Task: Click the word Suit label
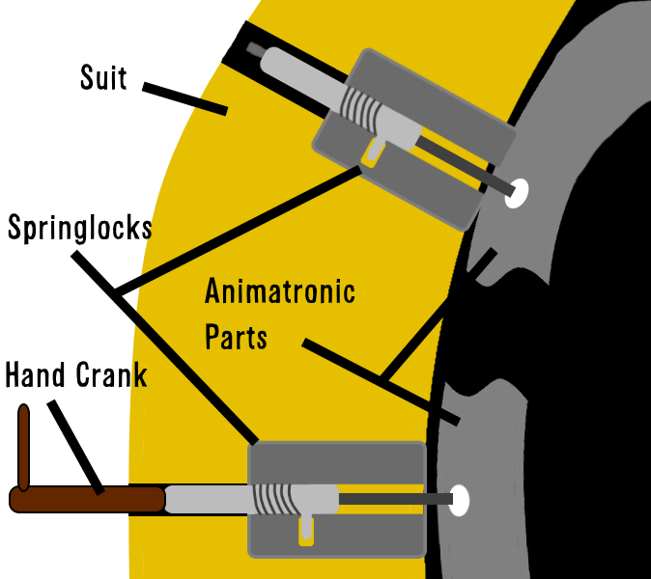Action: (103, 77)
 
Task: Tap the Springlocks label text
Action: (79, 228)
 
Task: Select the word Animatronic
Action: (280, 291)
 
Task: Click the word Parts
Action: (236, 338)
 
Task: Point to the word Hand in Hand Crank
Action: (37, 374)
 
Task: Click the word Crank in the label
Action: (113, 374)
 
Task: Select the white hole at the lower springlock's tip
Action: (460, 500)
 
